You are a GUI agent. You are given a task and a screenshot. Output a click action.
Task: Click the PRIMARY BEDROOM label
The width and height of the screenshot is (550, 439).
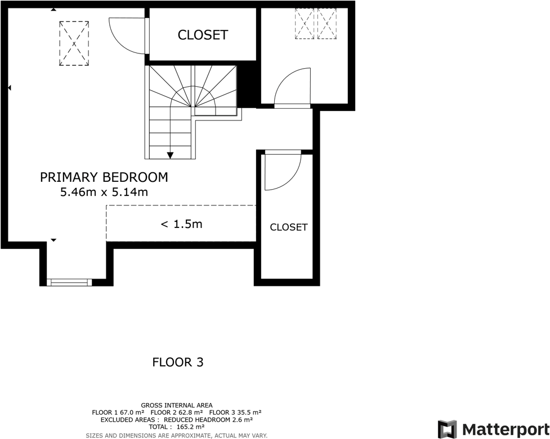[x=104, y=177]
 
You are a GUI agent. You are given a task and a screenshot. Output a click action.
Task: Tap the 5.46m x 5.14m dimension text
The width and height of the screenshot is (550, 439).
[x=104, y=192]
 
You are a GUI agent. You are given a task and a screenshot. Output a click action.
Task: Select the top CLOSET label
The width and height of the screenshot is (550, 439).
[x=203, y=35]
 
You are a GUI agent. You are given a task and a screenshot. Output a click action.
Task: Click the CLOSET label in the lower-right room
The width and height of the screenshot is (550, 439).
[x=288, y=227]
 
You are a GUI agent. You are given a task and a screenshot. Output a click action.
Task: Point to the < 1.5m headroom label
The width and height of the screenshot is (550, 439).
[x=181, y=224]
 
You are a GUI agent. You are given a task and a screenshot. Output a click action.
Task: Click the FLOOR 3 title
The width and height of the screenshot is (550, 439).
[x=177, y=362]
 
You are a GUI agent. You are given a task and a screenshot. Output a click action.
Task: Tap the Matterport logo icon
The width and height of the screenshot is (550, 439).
[x=448, y=429]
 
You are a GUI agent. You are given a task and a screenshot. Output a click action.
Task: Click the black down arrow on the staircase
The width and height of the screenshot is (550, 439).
[x=170, y=155]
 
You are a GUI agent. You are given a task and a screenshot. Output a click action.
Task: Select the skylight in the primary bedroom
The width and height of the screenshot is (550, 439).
[x=74, y=43]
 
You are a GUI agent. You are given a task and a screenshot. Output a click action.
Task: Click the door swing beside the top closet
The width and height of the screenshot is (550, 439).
[x=127, y=35]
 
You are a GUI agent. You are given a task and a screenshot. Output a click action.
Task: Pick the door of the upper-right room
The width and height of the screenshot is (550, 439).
[x=293, y=87]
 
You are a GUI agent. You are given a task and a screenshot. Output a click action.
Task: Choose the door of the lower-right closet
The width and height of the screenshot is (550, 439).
[x=283, y=171]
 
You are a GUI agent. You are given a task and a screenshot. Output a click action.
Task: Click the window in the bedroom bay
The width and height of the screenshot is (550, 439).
[x=69, y=282]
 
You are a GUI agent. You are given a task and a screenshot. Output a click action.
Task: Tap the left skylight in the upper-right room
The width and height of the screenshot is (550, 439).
[x=305, y=24]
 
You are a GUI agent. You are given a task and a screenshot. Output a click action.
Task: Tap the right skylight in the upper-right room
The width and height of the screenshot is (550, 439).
[x=327, y=24]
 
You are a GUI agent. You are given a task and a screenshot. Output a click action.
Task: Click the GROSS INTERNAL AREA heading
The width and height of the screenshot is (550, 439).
[x=177, y=405]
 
